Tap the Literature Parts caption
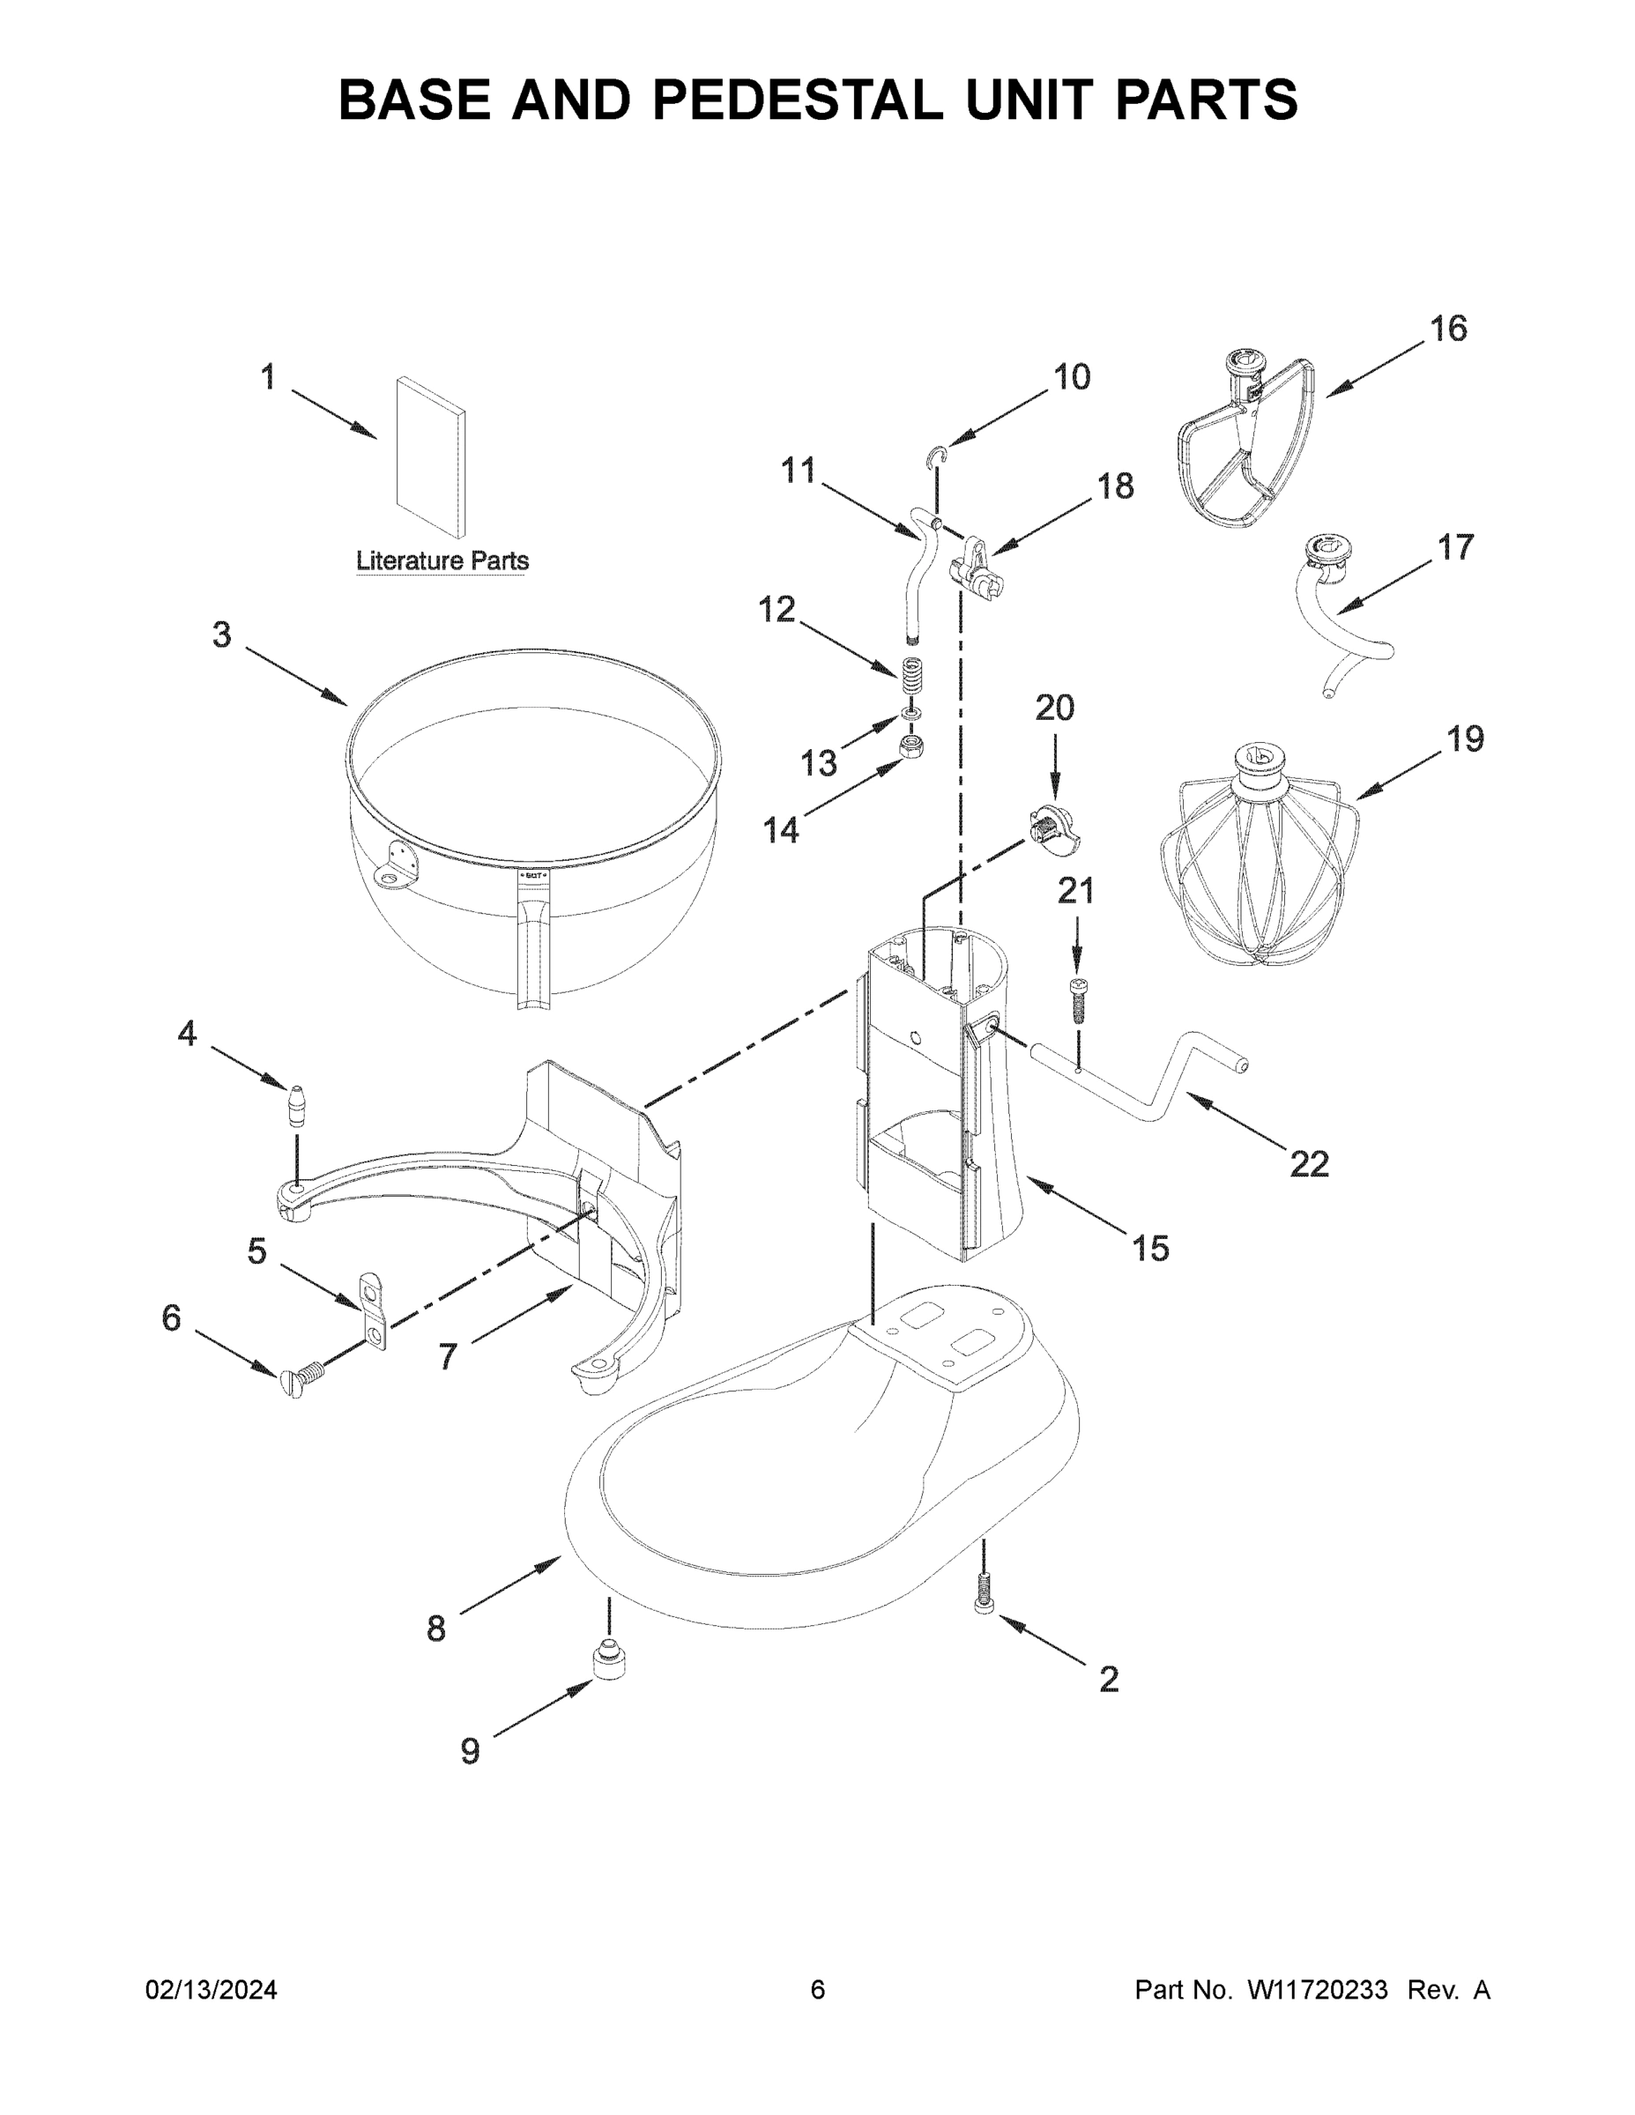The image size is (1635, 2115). [442, 560]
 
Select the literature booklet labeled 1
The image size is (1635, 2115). [429, 457]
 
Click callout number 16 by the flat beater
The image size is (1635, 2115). [1448, 330]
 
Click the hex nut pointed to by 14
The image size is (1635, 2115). [910, 746]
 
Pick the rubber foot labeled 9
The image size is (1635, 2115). [608, 1664]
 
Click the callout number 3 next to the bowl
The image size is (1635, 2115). [222, 635]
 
